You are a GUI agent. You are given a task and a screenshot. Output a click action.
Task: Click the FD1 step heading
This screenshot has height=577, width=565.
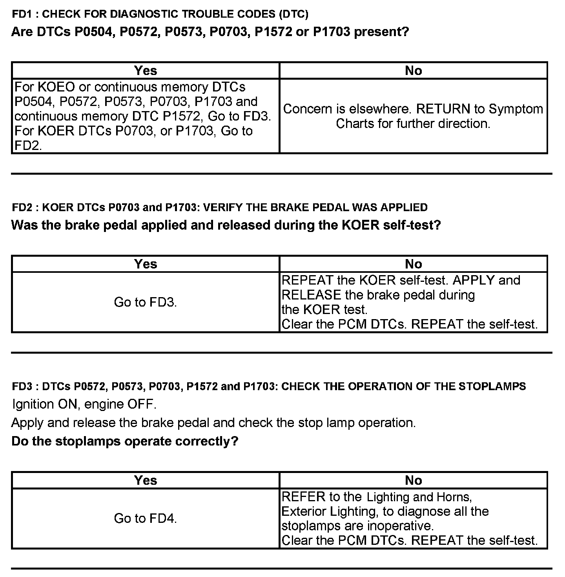[160, 15]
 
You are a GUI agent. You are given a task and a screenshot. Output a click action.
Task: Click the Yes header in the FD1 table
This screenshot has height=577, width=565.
[146, 71]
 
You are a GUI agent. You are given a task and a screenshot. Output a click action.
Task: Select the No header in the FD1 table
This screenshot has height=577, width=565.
[413, 71]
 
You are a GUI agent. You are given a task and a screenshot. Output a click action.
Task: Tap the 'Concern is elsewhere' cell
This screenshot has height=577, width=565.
[413, 116]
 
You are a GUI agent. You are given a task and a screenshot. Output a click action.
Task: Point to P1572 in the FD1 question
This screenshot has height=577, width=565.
[273, 32]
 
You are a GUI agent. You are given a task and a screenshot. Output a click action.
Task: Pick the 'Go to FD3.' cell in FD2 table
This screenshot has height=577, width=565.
[146, 302]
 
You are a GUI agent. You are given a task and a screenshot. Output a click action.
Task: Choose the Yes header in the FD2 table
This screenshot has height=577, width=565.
[146, 264]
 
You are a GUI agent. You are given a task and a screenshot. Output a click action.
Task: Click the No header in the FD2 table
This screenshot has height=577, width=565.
[413, 264]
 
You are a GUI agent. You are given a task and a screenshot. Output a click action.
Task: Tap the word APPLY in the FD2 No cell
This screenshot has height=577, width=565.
[475, 280]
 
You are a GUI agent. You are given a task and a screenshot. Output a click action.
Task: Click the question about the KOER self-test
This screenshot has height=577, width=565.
[226, 225]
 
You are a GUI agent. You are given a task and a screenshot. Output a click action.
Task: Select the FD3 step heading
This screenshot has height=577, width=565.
[269, 387]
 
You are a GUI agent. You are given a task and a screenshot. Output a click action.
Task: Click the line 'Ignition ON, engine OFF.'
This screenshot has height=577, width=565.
[84, 404]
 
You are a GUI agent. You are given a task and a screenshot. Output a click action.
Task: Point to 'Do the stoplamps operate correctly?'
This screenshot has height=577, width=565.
[125, 441]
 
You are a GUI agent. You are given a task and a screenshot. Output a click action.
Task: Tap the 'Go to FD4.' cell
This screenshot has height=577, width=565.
[146, 519]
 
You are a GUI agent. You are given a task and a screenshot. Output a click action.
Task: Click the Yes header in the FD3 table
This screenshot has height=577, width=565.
[146, 480]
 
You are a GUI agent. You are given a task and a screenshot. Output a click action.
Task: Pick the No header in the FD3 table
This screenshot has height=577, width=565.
[413, 480]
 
